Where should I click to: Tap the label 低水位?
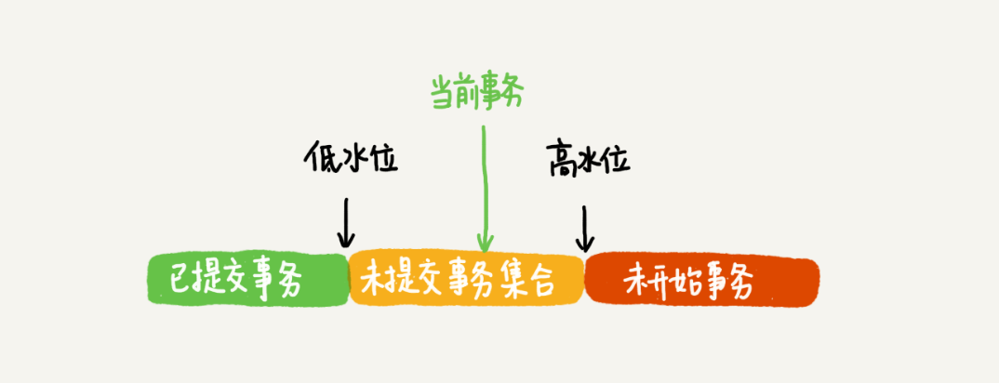point(351,157)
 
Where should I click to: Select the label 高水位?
point(588,159)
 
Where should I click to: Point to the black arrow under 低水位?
point(346,223)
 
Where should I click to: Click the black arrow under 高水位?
point(584,229)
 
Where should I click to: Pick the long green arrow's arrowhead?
point(486,243)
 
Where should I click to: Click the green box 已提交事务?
point(249,279)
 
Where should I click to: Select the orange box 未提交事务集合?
point(467,279)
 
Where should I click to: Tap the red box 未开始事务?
point(701,281)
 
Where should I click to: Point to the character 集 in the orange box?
point(512,281)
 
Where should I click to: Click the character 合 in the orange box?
point(547,281)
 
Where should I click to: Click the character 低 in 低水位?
point(317,157)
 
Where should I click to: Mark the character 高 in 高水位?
point(561,159)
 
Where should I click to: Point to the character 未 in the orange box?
point(377,280)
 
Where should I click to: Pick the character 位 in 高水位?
point(616,159)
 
